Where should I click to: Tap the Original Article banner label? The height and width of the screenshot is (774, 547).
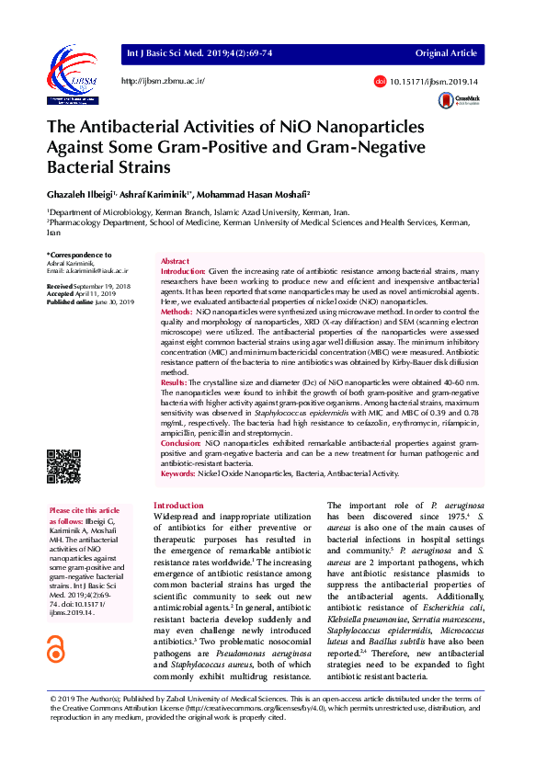tap(446, 54)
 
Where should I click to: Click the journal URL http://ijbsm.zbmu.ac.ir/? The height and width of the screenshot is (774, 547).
tap(163, 82)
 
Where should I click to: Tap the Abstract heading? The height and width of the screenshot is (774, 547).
tap(175, 262)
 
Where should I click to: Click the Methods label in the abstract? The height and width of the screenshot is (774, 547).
tap(177, 313)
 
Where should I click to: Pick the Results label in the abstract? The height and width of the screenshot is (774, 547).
tap(175, 381)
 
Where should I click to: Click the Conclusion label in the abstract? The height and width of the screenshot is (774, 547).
tap(181, 442)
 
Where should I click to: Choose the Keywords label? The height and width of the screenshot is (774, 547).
tap(178, 473)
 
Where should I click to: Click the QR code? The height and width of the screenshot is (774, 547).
tap(63, 465)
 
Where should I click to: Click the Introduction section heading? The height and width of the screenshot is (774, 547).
tap(178, 506)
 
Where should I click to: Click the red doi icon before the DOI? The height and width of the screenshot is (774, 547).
tap(380, 82)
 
